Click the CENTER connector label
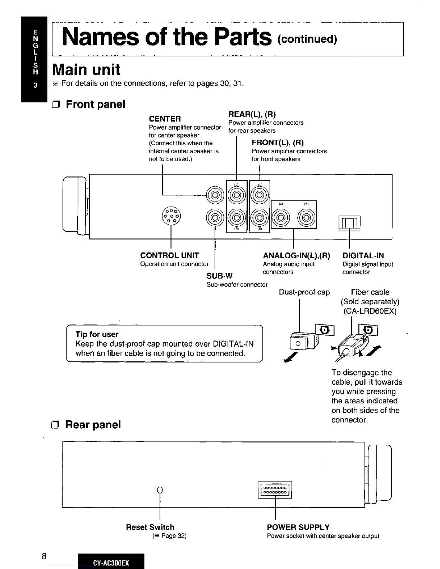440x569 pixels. tap(165, 119)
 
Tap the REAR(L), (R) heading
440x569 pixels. tap(252, 114)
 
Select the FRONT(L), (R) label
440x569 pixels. tap(278, 142)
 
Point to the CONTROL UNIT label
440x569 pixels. tap(169, 255)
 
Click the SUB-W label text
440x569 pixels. tap(219, 276)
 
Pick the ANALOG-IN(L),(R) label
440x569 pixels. tap(296, 256)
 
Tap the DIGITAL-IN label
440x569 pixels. tap(363, 256)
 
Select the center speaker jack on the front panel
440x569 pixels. tap(215, 195)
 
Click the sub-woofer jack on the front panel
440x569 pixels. tap(215, 217)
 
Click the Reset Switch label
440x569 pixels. tap(150, 527)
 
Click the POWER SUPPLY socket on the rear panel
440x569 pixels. tap(275, 490)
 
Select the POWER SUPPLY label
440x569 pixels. tap(298, 527)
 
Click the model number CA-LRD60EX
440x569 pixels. tap(370, 311)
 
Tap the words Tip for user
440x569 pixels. tap(97, 334)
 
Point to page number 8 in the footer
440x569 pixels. tap(43, 556)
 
